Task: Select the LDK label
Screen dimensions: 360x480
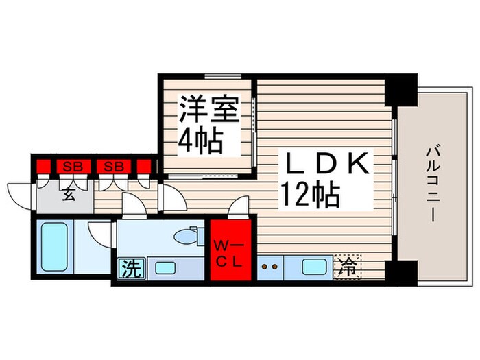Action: pyautogui.click(x=327, y=165)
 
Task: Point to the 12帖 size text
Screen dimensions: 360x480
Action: pyautogui.click(x=309, y=197)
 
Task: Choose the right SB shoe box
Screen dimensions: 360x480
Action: pyautogui.click(x=114, y=165)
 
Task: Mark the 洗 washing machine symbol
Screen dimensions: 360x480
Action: pyautogui.click(x=130, y=267)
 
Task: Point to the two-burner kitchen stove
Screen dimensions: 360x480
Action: pyautogui.click(x=270, y=266)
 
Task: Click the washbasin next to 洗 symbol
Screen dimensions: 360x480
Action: pyautogui.click(x=165, y=267)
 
